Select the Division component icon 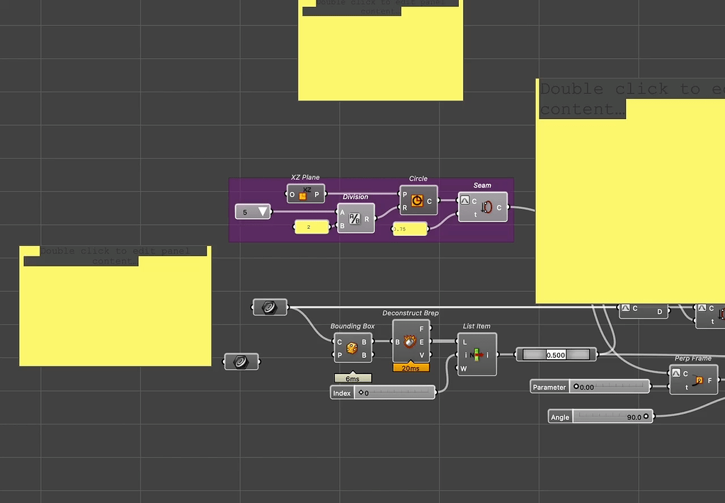coord(355,219)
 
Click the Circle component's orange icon coord(417,201)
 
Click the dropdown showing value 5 coord(253,212)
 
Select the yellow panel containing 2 coord(312,227)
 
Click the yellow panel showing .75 coord(410,229)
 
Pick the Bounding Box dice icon coord(352,347)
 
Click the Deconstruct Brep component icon coord(410,342)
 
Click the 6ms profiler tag coord(353,379)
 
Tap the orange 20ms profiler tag coord(411,368)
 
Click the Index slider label coord(342,392)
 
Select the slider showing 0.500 coord(556,354)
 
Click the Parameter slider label coord(550,387)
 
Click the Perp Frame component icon coord(699,380)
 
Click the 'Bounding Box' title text coord(353,326)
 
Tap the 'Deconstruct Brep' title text coord(411,312)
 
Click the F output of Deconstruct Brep coord(423,329)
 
